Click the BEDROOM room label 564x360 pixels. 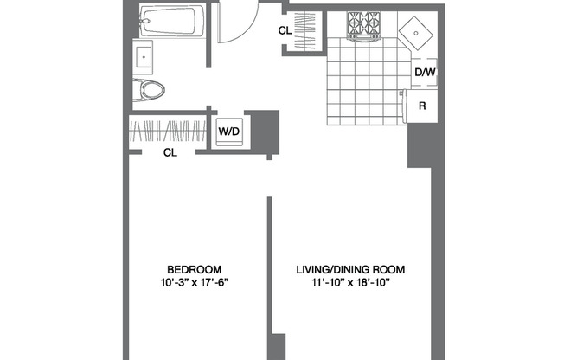pos(195,268)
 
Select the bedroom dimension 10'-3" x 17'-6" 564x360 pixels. pos(195,282)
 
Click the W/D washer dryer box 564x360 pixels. pos(228,132)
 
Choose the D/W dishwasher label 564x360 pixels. pos(424,73)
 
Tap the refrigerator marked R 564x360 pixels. pos(423,106)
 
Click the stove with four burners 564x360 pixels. pos(364,26)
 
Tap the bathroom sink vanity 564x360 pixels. pos(144,55)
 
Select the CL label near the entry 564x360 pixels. pos(285,31)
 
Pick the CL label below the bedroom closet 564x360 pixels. pos(170,153)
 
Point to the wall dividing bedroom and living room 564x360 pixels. pos(270,268)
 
